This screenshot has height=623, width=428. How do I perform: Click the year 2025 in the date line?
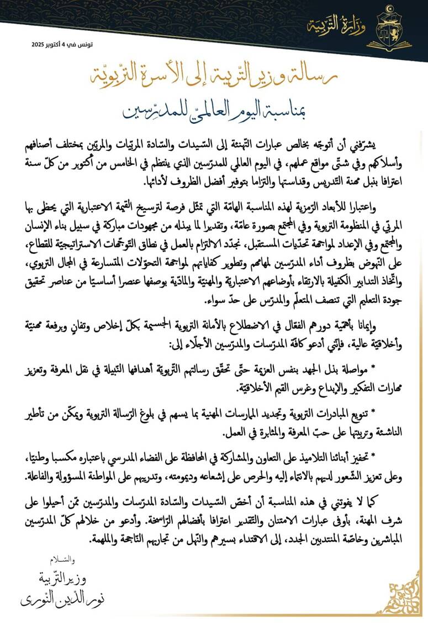click(x=39, y=43)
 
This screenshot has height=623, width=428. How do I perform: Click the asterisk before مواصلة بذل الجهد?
click(x=388, y=367)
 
